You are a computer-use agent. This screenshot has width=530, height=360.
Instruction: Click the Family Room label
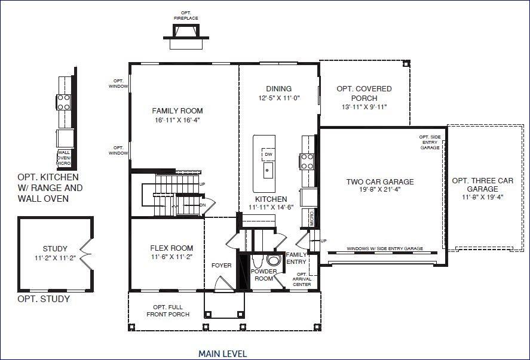coord(177,110)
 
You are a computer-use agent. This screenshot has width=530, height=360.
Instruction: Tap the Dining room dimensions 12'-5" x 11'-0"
coord(278,98)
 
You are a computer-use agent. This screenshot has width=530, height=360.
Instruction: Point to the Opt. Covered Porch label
coord(364,93)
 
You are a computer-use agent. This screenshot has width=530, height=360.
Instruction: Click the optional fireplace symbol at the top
coord(187,36)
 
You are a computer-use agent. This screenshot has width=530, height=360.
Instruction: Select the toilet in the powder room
coord(274,260)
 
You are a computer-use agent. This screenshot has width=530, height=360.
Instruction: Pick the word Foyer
coord(221,265)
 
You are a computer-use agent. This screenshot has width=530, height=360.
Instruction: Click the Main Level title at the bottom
coord(222,353)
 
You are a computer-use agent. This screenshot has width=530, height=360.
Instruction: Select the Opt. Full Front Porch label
coord(168,310)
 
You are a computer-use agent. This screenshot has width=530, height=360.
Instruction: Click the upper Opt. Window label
coord(118,84)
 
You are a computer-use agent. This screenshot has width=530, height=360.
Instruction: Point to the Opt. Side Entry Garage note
coord(430,142)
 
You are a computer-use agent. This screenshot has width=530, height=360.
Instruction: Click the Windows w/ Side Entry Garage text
coord(385,249)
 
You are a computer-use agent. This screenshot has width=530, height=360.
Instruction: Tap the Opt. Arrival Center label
coord(302,279)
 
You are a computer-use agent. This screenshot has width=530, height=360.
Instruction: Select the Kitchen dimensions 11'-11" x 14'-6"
coord(271,208)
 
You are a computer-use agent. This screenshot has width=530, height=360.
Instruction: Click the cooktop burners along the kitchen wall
coord(307,161)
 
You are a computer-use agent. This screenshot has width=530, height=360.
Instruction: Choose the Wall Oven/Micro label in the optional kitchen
coord(64,158)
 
